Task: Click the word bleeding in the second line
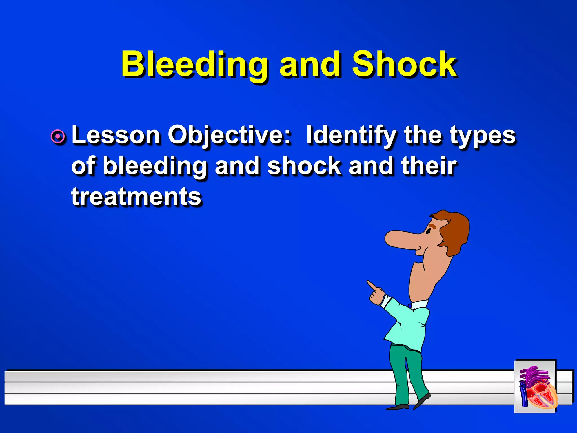coord(155,166)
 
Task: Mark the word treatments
coord(136,196)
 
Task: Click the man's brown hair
coord(455,231)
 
